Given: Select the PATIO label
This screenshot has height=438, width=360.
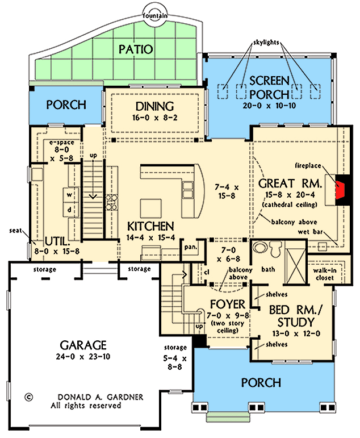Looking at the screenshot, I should (x=136, y=49).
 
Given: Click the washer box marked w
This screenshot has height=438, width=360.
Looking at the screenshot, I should (x=70, y=194).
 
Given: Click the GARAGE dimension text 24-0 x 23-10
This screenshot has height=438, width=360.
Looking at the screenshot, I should (x=82, y=358).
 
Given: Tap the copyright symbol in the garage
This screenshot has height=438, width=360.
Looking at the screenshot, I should (x=29, y=397).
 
